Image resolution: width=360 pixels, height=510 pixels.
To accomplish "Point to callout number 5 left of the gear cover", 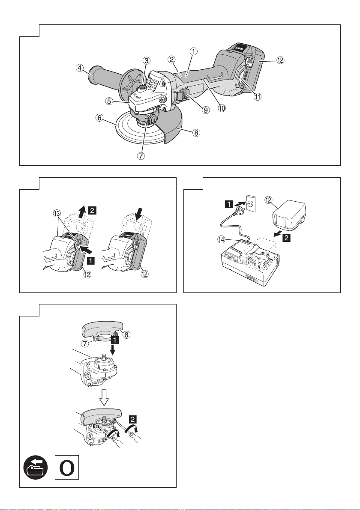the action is (x=110, y=101).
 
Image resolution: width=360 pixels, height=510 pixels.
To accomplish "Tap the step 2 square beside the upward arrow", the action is (x=93, y=210).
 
